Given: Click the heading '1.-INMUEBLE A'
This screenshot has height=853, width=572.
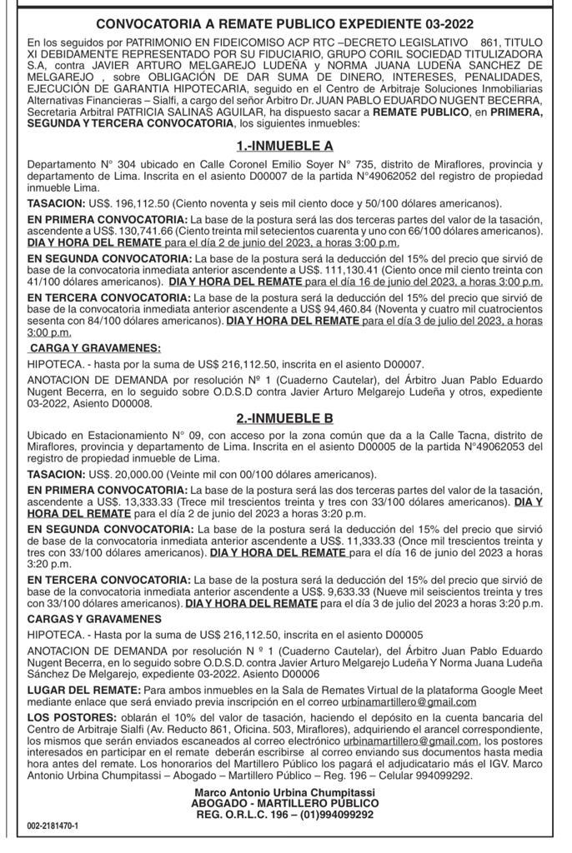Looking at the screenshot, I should click(x=285, y=146).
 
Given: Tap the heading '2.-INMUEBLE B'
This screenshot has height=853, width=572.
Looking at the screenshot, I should click(x=285, y=418).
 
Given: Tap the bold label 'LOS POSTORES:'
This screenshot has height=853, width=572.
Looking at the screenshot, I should click(x=71, y=717).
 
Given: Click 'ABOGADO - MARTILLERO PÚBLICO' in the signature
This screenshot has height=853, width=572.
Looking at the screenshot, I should click(x=285, y=803).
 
